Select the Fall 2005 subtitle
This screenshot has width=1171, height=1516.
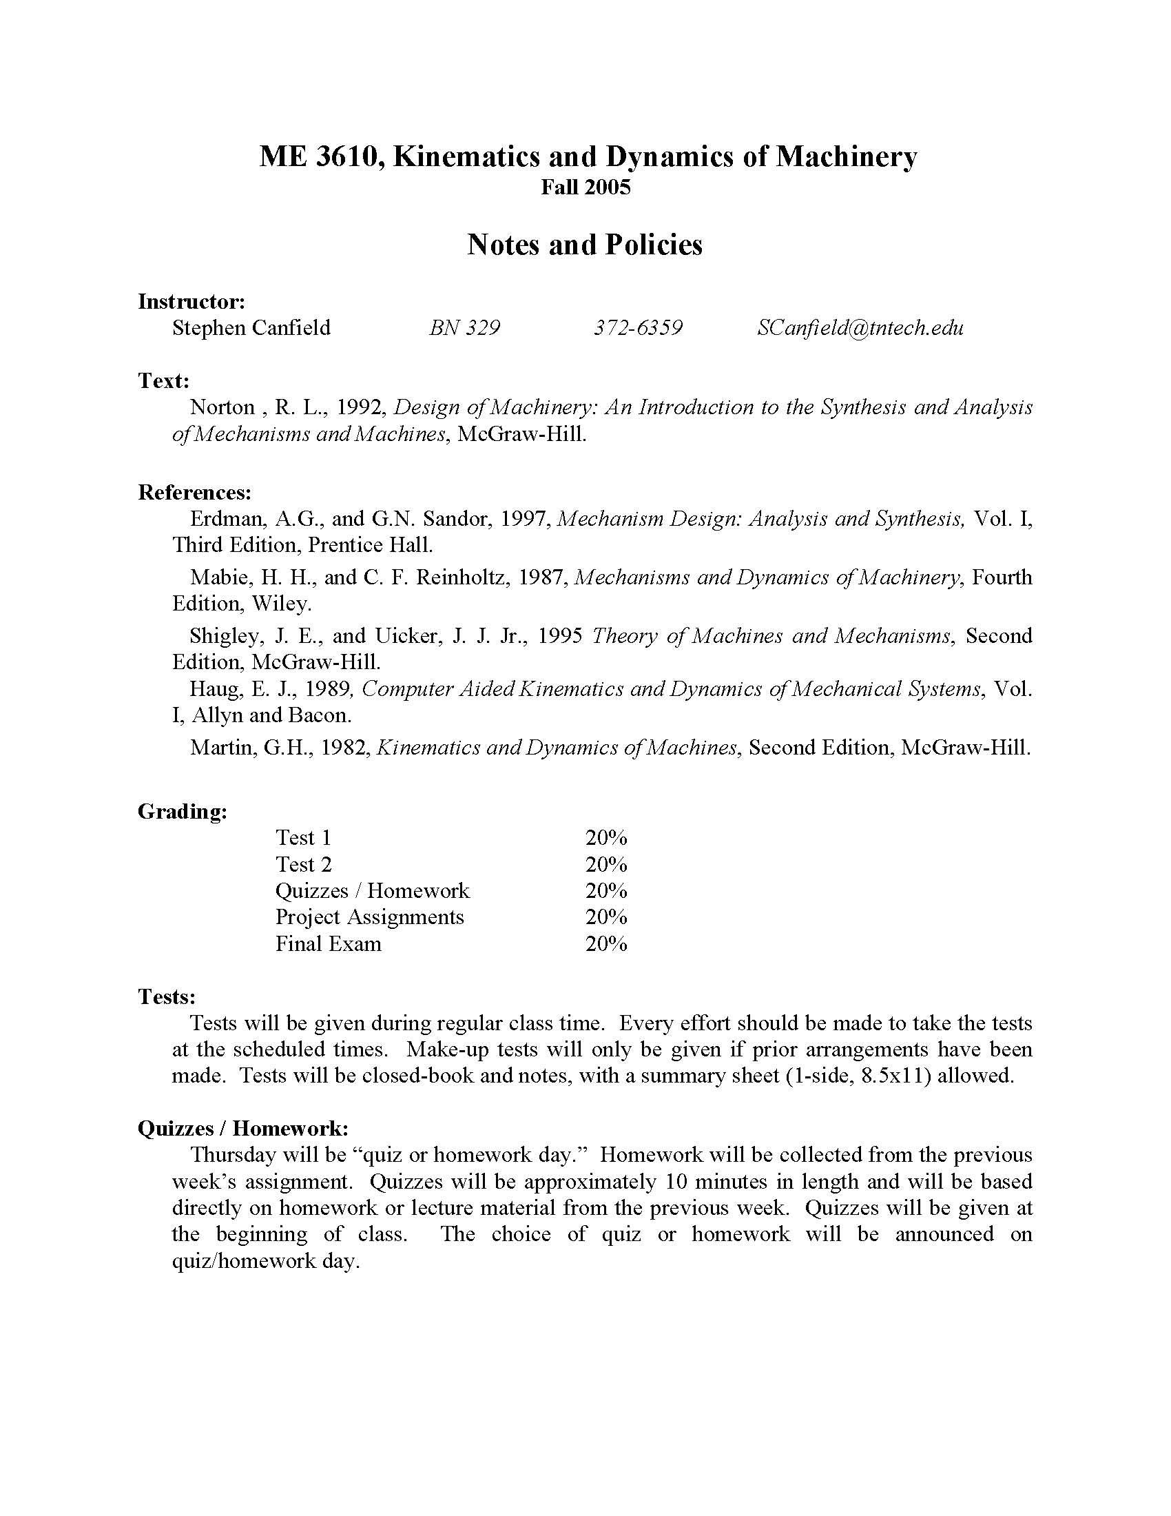585,187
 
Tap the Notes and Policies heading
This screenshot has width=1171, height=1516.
585,245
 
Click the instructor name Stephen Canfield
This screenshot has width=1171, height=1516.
251,327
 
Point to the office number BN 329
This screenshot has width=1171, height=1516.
464,327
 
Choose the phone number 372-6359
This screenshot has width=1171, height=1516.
638,327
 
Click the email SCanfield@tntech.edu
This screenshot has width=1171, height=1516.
860,327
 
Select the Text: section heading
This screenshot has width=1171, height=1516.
164,380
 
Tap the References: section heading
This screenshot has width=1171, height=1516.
194,493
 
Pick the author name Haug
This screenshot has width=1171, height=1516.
212,688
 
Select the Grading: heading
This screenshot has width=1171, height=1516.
183,811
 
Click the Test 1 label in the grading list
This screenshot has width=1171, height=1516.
303,838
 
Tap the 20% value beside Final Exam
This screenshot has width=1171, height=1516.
605,944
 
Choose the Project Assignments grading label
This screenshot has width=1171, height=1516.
369,917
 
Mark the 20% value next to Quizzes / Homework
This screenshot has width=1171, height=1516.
605,890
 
